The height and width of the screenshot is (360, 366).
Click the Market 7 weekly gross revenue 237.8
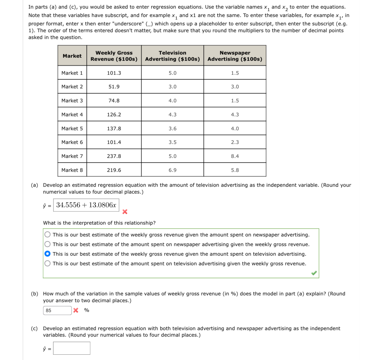pyautogui.click(x=114, y=156)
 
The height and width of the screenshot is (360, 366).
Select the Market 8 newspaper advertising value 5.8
pyautogui.click(x=235, y=170)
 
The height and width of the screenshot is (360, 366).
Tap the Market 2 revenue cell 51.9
pyautogui.click(x=114, y=87)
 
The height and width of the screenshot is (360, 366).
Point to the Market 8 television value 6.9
pyautogui.click(x=172, y=170)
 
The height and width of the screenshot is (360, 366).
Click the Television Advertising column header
pyautogui.click(x=172, y=56)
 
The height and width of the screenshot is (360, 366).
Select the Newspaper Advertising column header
pyautogui.click(x=235, y=56)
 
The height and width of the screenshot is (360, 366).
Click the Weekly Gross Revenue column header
pyautogui.click(x=114, y=56)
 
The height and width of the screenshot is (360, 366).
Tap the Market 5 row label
pyautogui.click(x=72, y=128)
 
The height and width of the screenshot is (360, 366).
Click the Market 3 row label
pyautogui.click(x=72, y=101)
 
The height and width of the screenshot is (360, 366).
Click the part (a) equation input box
pyautogui.click(x=86, y=205)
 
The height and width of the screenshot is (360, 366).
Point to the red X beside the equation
pyautogui.click(x=125, y=212)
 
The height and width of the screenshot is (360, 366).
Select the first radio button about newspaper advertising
pyautogui.click(x=47, y=235)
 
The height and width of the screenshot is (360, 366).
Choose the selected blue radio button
pyautogui.click(x=47, y=254)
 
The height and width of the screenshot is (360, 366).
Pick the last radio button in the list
pyautogui.click(x=47, y=263)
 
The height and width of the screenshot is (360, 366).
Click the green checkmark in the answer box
pyautogui.click(x=314, y=273)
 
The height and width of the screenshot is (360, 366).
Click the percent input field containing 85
pyautogui.click(x=57, y=310)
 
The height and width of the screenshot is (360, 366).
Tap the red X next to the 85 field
pyautogui.click(x=76, y=310)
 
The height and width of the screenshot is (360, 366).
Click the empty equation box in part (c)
pyautogui.click(x=72, y=348)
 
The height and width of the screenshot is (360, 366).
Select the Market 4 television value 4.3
pyautogui.click(x=172, y=115)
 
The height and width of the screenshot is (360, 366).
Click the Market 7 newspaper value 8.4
pyautogui.click(x=235, y=156)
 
